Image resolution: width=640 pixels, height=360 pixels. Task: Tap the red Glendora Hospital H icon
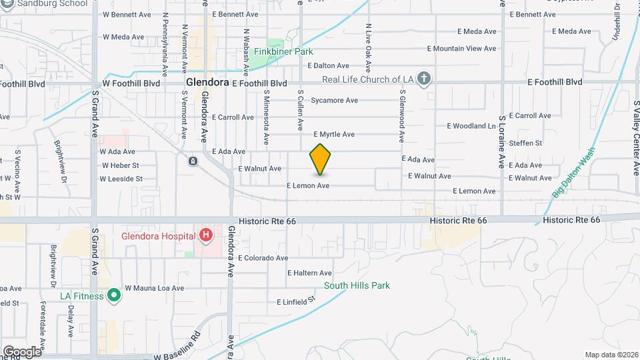[206, 235]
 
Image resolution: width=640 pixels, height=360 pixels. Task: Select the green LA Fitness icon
[114, 294]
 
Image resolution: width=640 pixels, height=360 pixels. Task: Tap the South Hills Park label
[357, 285]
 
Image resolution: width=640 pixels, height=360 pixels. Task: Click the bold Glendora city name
[207, 83]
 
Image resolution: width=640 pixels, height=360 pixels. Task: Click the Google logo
[22, 351]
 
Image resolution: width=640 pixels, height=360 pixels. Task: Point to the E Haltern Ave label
[309, 273]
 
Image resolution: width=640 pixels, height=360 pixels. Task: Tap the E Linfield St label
[296, 302]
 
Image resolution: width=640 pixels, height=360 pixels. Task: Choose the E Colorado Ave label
[263, 258]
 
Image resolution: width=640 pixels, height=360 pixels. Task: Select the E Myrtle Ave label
[333, 134]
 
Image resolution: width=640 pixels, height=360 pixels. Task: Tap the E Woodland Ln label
[471, 125]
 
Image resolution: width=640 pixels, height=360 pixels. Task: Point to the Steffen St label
[525, 143]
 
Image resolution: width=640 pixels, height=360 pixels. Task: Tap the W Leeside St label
[121, 179]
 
